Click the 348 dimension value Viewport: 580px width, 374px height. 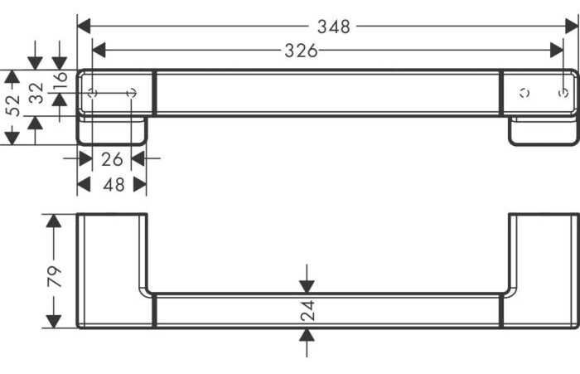334,27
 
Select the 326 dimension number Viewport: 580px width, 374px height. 301,51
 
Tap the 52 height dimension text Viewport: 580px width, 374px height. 12,105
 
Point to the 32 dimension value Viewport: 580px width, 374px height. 36,93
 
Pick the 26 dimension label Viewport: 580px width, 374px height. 112,159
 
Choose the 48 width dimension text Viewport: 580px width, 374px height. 114,184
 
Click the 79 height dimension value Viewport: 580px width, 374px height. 54,276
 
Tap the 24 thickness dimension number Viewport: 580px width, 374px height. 307,310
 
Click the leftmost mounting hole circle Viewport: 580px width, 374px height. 93,93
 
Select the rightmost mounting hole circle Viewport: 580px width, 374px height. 563,93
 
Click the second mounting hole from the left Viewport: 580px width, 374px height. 131,93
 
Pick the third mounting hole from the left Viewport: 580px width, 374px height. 524,93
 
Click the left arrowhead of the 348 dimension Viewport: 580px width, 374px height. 84,27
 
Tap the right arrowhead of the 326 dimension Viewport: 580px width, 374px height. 556,50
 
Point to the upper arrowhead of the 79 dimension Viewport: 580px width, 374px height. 54,221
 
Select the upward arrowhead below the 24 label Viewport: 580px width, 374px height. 307,335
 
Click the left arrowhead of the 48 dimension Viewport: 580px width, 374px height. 84,184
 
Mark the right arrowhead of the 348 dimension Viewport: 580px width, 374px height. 572,27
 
